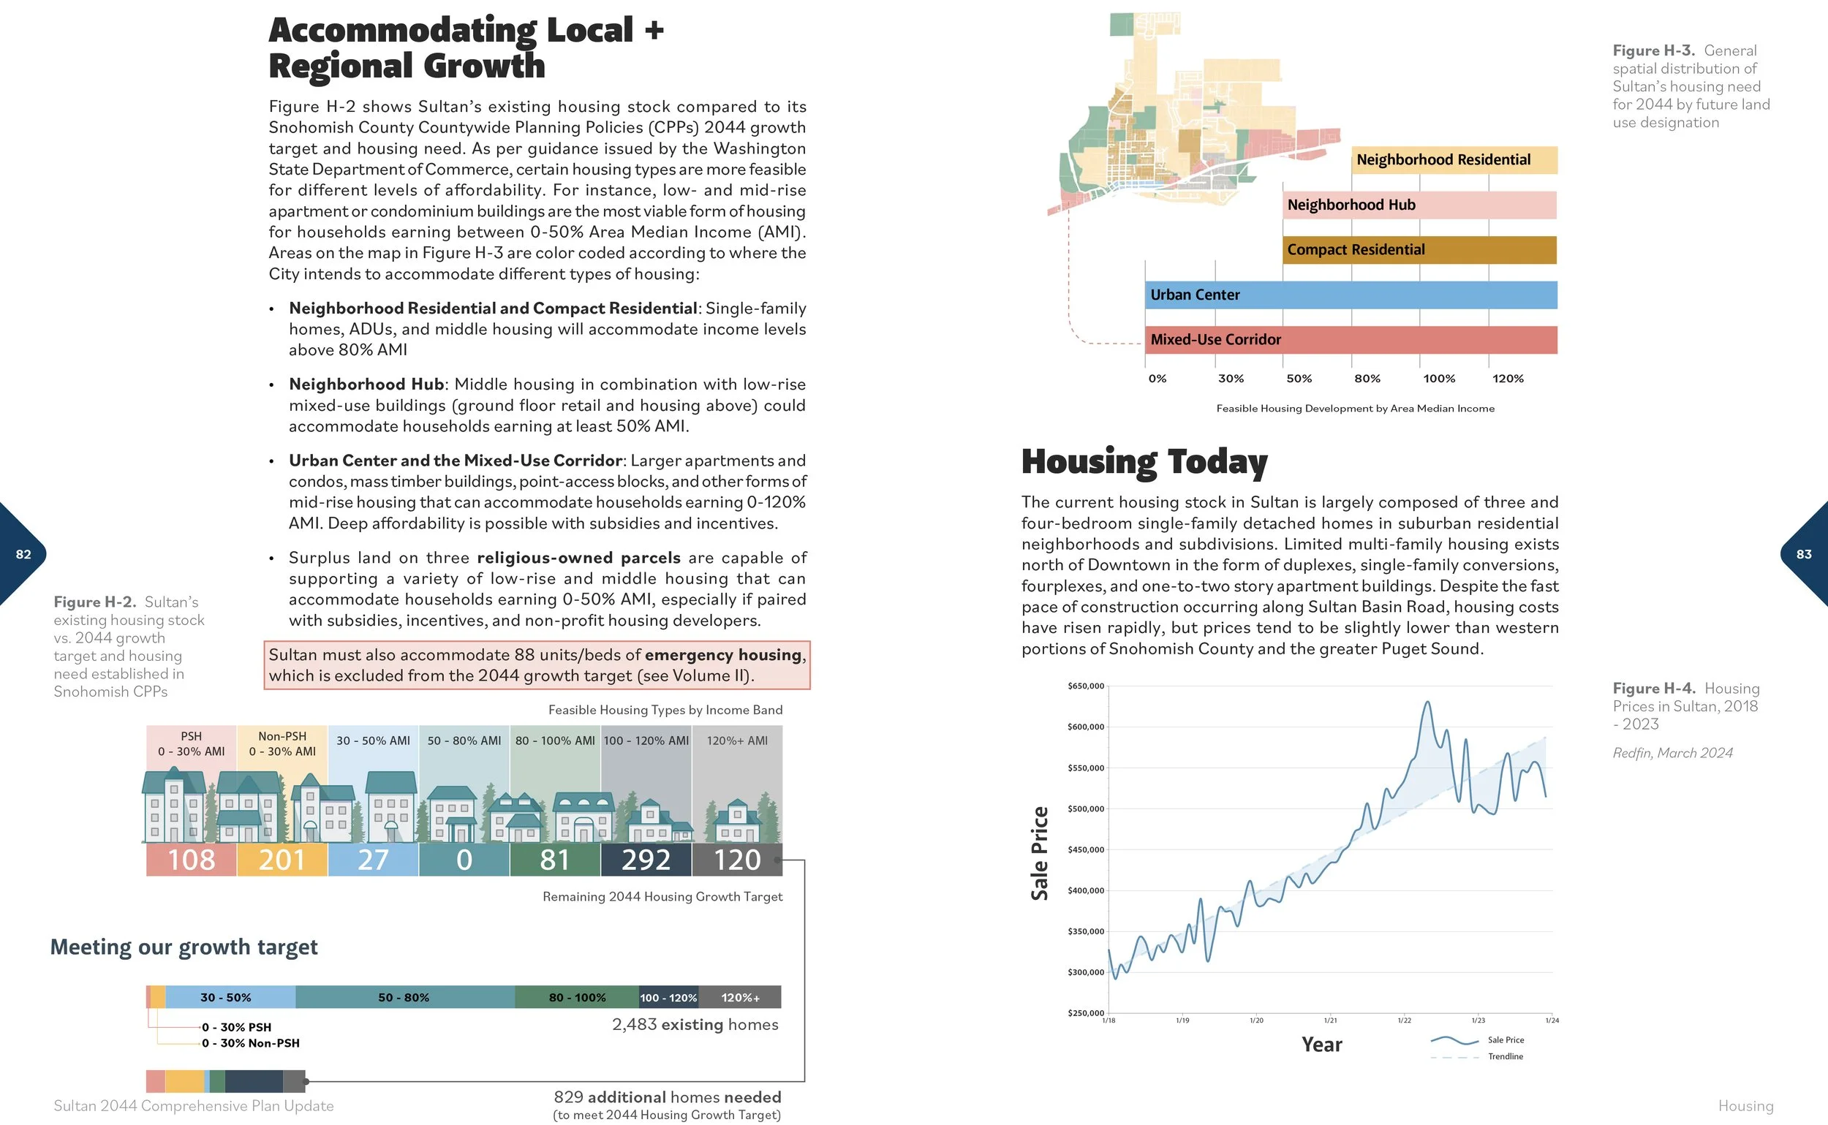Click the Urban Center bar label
pos(1195,295)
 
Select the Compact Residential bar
pos(1419,250)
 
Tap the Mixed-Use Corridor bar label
pos(1215,340)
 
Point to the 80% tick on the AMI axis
pos(1367,379)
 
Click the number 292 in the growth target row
pos(646,860)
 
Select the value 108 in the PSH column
pos(192,860)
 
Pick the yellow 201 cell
pos(282,860)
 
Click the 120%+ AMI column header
pos(737,741)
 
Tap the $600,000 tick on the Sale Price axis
pos(1086,727)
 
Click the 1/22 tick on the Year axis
pos(1404,1020)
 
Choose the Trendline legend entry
pos(1505,1056)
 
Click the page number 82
pos(24,554)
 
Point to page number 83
pos(1803,554)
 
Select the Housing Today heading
pos(1144,462)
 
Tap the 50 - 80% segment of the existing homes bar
pos(404,998)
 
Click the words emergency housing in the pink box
pos(722,655)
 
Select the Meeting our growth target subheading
pos(184,947)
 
